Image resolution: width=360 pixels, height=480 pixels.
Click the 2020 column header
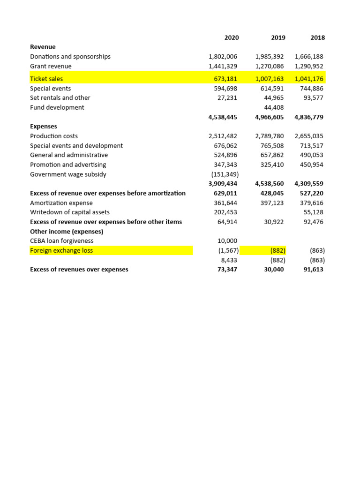tap(232, 37)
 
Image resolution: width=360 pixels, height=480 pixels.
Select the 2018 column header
tap(317, 37)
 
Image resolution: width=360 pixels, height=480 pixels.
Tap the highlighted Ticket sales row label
tap(46, 79)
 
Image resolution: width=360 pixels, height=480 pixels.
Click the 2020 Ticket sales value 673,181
tap(226, 79)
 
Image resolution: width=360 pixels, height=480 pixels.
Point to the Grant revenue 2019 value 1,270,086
tap(270, 66)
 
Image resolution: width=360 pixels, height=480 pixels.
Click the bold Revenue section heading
tap(43, 47)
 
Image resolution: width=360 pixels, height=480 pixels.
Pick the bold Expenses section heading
tap(44, 127)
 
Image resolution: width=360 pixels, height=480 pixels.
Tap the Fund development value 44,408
tap(274, 107)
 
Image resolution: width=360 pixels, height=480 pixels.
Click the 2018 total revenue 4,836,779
tap(309, 117)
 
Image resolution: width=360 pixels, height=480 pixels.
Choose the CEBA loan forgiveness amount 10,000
tap(228, 241)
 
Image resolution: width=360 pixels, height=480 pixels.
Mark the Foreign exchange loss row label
tap(61, 250)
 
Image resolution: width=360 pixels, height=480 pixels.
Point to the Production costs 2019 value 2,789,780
tap(270, 136)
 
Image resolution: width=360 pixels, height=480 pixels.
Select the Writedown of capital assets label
tap(70, 212)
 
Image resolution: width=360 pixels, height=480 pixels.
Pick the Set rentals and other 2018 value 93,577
tap(313, 98)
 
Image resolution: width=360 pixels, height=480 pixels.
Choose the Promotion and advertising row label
tap(68, 165)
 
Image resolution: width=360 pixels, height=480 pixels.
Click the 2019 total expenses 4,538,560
tap(270, 184)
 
